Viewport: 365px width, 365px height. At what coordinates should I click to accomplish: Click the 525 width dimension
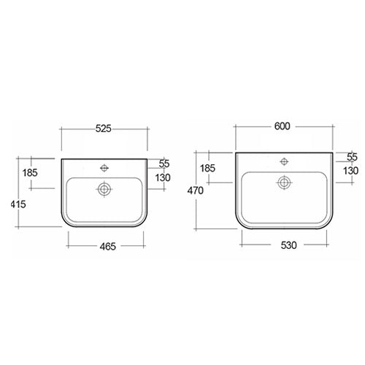[x=103, y=128]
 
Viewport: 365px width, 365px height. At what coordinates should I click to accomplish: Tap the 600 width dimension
[x=283, y=126]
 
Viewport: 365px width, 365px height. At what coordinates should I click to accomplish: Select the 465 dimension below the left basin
[x=108, y=247]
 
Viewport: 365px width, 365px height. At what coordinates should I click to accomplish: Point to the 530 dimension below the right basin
[x=289, y=245]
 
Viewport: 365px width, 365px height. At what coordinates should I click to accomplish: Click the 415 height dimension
[x=18, y=204]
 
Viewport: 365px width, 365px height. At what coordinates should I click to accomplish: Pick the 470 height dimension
[x=195, y=191]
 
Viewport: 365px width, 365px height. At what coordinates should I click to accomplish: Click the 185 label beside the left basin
[x=30, y=173]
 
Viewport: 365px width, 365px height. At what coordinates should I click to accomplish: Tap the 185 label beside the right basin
[x=207, y=168]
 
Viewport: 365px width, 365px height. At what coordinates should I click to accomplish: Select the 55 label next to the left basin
[x=164, y=164]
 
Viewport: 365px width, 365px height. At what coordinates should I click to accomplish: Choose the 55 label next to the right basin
[x=352, y=157]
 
